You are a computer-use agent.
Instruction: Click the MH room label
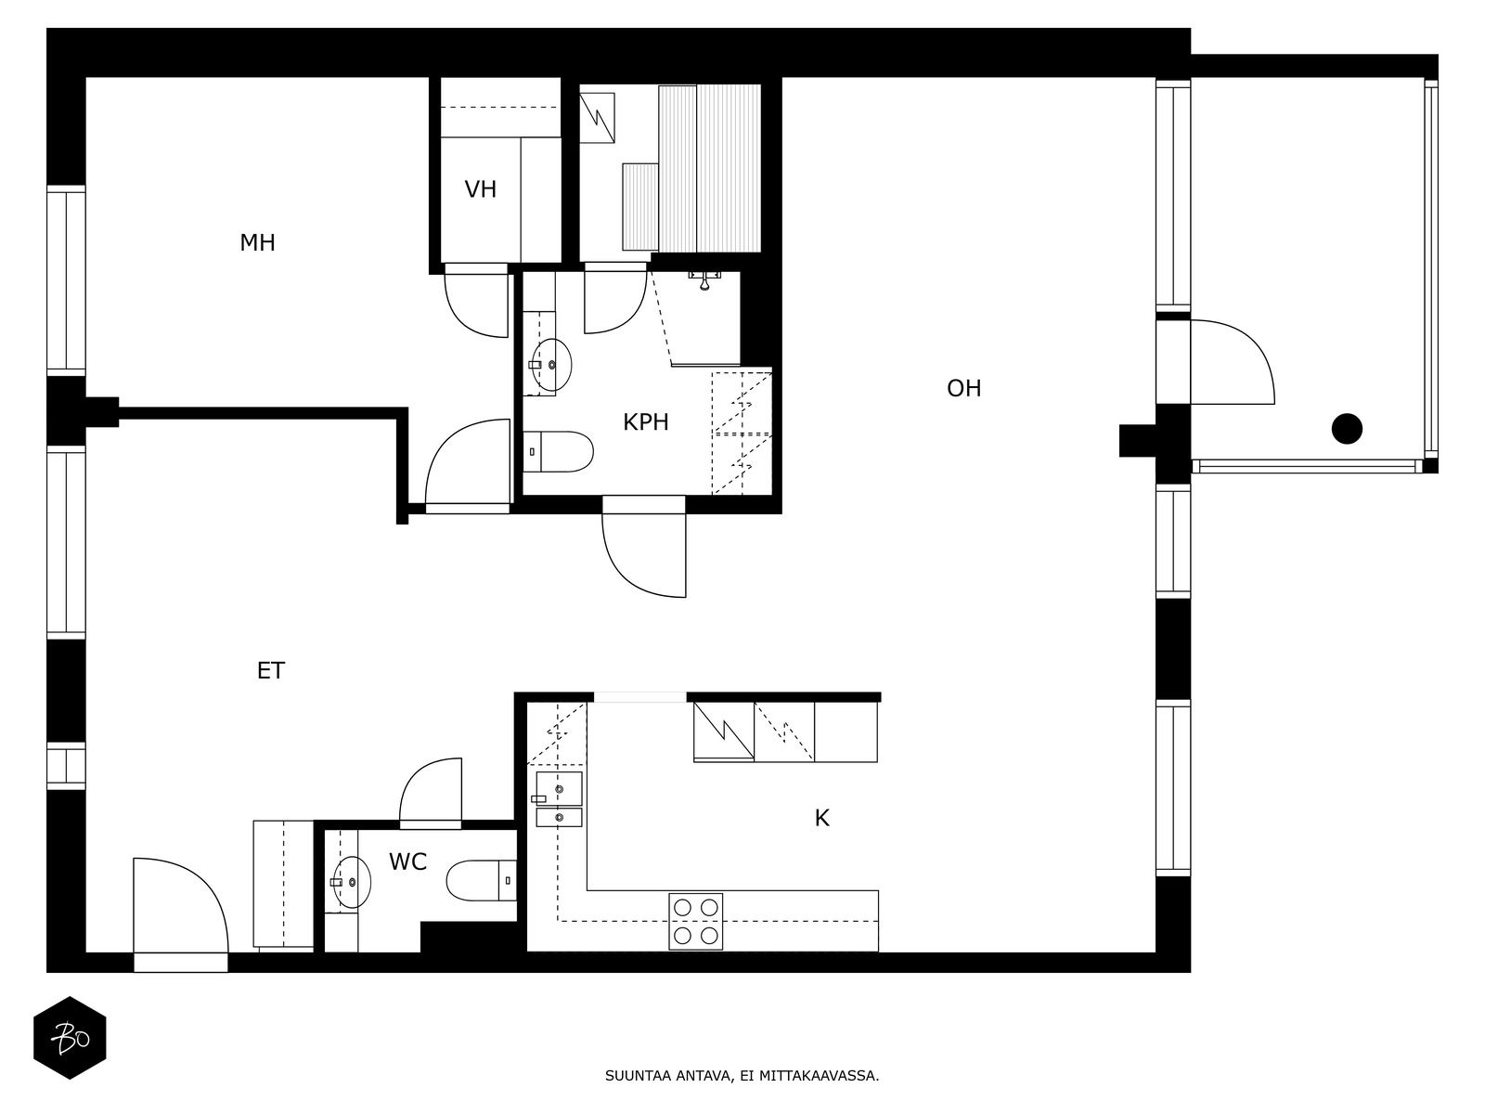click(257, 242)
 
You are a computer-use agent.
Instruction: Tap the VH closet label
click(481, 189)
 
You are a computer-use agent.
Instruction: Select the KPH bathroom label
click(645, 422)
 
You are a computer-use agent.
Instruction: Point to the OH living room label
click(963, 388)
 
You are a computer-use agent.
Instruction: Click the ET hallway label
click(271, 670)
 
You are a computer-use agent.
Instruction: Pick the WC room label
click(407, 861)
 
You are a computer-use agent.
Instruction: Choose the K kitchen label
click(821, 819)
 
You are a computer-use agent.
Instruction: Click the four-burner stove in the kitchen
click(695, 921)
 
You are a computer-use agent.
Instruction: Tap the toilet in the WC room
click(481, 881)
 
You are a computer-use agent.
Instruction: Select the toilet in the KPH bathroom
click(558, 452)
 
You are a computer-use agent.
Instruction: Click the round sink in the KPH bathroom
click(552, 365)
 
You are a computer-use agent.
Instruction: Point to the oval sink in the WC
click(353, 882)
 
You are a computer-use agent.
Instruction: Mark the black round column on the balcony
click(1347, 429)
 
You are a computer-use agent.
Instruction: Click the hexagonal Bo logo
click(70, 1038)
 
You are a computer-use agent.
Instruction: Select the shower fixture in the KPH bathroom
click(704, 279)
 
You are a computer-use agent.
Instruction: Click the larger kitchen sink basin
click(559, 789)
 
